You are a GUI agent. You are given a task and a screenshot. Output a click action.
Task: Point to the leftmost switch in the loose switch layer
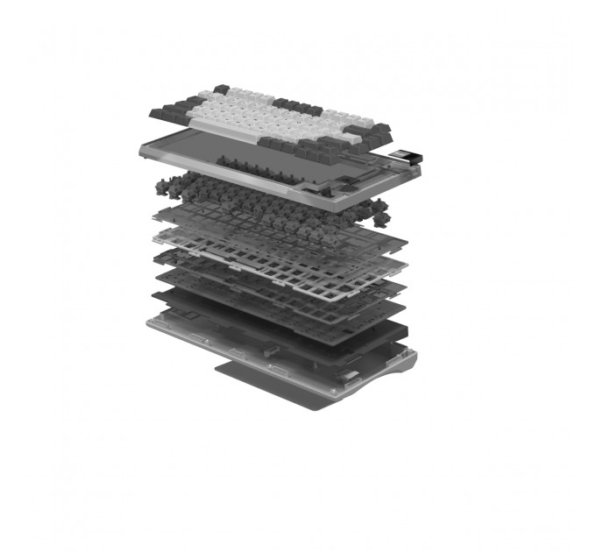(161, 185)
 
